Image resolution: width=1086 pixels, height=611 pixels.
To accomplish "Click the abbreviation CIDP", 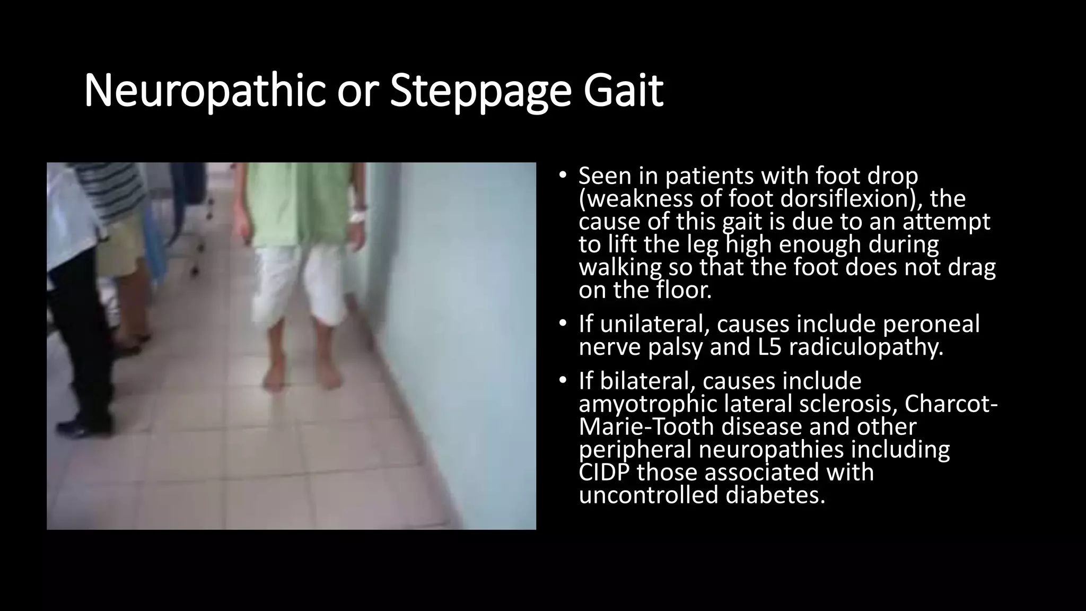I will (x=604, y=473).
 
